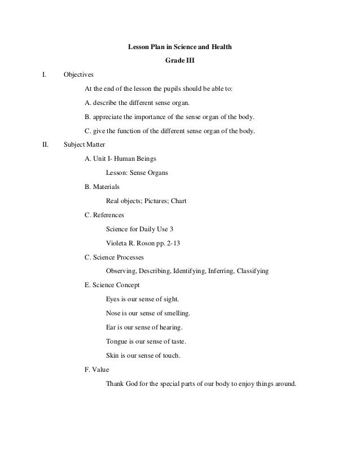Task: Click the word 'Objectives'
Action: tap(79, 74)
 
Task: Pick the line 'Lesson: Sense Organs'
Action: tap(137, 173)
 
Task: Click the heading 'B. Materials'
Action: tap(102, 187)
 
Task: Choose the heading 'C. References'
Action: tap(104, 215)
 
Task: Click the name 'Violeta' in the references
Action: tap(117, 243)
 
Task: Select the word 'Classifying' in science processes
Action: tap(251, 271)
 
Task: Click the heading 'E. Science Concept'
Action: tap(112, 285)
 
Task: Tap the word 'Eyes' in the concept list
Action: tap(113, 299)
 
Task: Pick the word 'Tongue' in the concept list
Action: tap(117, 341)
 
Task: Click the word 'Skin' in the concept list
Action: tap(112, 355)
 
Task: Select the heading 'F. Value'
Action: tap(96, 370)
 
